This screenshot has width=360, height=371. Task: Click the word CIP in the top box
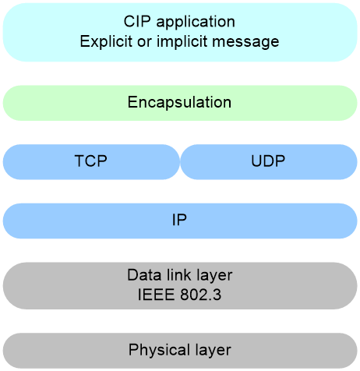point(137,21)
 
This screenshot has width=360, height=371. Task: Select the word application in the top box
point(196,22)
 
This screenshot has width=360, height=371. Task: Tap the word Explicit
point(106,41)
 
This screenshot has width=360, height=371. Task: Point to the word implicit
point(182,41)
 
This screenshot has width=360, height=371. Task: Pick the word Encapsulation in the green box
point(179,102)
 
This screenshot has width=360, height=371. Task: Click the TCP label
point(91,161)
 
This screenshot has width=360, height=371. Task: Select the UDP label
point(268,161)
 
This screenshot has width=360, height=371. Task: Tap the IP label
point(179,220)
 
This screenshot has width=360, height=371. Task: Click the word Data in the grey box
point(144,275)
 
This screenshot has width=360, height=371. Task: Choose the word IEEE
point(156,295)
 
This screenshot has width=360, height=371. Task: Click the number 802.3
point(201,295)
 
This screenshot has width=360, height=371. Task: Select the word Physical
point(159,350)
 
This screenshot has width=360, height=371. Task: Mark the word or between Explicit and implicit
point(144,43)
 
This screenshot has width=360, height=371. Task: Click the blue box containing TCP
point(91,162)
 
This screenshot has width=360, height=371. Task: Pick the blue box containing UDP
point(269,162)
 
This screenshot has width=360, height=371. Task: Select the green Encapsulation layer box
point(180,103)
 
